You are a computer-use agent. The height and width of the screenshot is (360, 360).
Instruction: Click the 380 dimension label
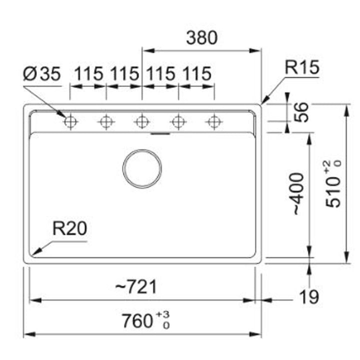tap(201, 38)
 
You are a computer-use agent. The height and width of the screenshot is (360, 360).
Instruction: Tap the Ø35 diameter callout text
tap(42, 73)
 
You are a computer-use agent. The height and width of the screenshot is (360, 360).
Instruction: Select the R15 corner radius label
tap(302, 67)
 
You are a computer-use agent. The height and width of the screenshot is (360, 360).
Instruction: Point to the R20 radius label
tap(70, 228)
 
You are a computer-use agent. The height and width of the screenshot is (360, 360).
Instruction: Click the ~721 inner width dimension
tap(136, 287)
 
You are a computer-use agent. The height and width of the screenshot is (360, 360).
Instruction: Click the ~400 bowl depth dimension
tap(299, 194)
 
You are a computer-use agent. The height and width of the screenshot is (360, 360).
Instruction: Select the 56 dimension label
tap(301, 112)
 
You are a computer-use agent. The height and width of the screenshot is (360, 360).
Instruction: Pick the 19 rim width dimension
tap(309, 296)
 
